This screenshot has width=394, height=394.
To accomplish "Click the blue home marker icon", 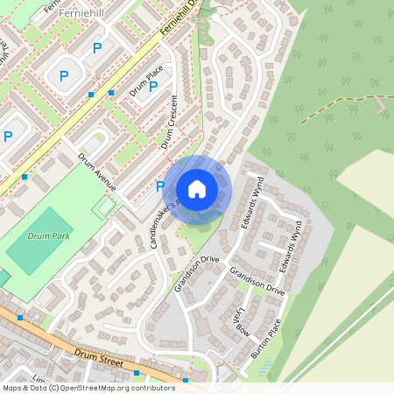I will [x=197, y=188].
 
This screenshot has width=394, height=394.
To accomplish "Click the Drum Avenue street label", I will [x=96, y=172].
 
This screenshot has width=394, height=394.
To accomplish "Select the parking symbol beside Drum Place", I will [x=153, y=86].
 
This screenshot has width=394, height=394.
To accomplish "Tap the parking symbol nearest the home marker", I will [x=159, y=186].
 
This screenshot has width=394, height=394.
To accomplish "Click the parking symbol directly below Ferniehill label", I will [x=96, y=47].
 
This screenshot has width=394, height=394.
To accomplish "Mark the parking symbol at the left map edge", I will [x=8, y=136].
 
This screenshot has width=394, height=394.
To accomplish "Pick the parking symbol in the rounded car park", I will [x=64, y=76].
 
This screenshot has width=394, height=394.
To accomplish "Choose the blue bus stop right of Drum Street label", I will [x=186, y=381].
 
